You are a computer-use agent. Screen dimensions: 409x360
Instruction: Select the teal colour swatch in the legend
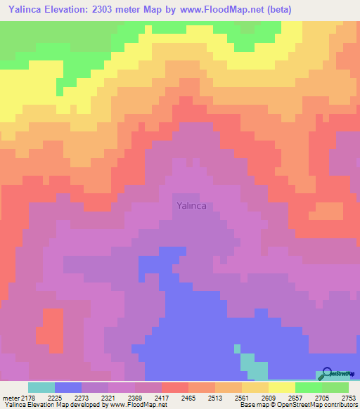click(41, 387)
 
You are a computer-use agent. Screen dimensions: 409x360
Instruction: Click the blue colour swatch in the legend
click(68, 387)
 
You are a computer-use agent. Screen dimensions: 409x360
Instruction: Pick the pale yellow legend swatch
click(282, 387)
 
